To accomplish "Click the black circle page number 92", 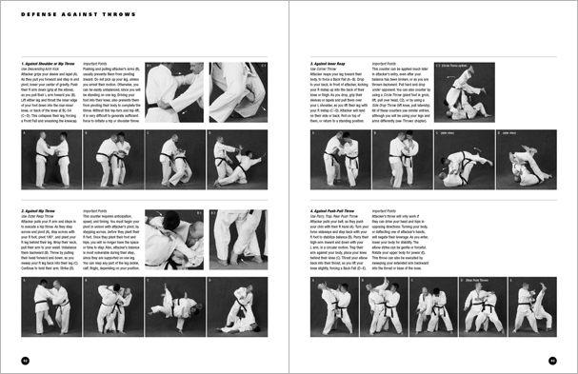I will [x=26, y=360].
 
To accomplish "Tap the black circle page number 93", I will [x=551, y=360].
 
